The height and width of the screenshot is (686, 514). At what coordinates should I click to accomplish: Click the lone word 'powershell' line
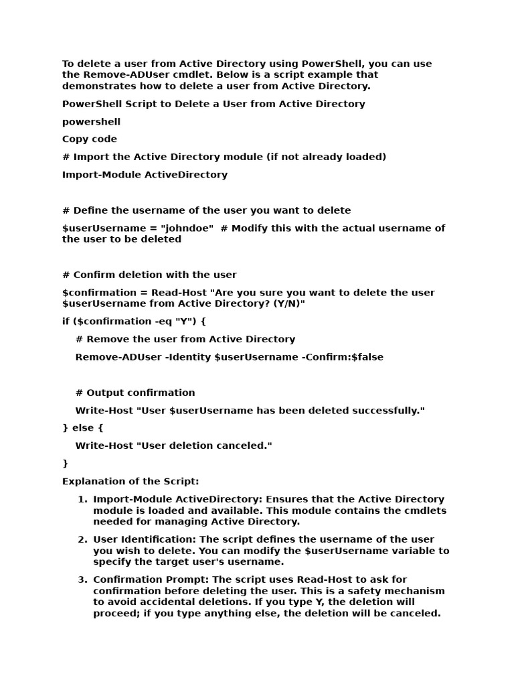[x=91, y=122]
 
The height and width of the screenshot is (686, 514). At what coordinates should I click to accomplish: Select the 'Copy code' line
[x=90, y=139]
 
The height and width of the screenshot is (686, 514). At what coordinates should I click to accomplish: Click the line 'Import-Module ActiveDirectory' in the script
[x=145, y=175]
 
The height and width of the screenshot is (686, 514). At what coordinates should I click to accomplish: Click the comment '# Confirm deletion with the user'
[x=149, y=275]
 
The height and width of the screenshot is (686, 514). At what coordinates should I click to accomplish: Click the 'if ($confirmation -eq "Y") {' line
[x=134, y=322]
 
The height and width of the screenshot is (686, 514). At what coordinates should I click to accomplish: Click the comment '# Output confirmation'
[x=135, y=393]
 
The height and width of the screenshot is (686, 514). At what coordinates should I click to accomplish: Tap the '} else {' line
[x=83, y=428]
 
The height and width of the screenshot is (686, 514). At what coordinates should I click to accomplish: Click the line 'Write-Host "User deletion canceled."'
[x=174, y=445]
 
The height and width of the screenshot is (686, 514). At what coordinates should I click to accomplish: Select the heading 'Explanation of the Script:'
[x=131, y=482]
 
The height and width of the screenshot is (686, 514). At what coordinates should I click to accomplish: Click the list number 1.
[x=82, y=500]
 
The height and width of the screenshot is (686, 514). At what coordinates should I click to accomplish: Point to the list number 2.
[x=82, y=540]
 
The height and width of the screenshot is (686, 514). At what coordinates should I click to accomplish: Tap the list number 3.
[x=82, y=580]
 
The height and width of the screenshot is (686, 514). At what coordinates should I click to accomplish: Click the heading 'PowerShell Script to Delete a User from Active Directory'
[x=213, y=104]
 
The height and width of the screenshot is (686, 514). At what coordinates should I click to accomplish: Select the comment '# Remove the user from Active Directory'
[x=185, y=340]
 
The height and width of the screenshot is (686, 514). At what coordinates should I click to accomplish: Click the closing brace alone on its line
[x=66, y=464]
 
